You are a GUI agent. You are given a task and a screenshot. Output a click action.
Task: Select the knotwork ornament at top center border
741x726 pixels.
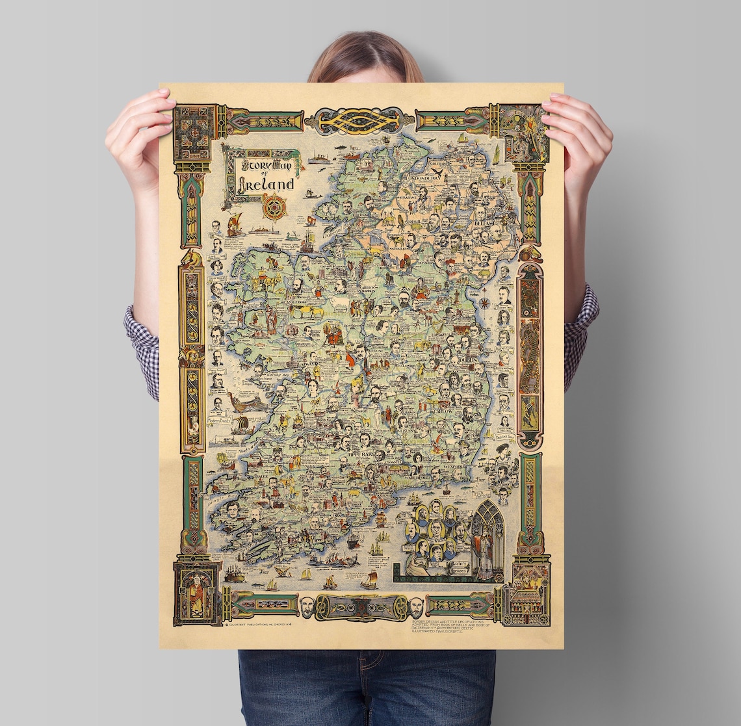coord(359,121)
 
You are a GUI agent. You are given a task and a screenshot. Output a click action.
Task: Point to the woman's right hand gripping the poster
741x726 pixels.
coord(140,123)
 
